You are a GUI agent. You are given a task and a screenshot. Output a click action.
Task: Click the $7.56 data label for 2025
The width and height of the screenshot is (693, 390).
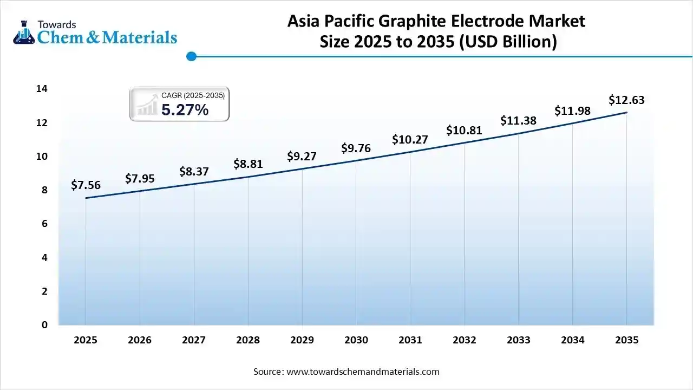[86, 185]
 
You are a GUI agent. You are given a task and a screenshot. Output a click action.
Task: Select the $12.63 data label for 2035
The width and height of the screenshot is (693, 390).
[626, 100]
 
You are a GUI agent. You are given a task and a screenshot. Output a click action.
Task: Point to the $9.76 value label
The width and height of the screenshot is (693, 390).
[356, 148]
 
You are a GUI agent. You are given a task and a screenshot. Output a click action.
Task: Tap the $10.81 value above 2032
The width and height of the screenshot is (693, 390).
[464, 131]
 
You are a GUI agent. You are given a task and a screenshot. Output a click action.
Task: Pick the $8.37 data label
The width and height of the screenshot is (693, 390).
[194, 172]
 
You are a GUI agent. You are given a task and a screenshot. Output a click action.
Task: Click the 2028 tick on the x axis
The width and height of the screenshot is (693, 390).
[248, 340]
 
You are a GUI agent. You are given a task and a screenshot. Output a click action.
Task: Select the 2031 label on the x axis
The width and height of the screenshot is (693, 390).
[410, 340]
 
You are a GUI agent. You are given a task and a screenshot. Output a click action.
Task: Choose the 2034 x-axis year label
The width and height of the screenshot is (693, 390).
[572, 340]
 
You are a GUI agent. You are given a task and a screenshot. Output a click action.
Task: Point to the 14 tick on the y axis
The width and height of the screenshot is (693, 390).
[42, 89]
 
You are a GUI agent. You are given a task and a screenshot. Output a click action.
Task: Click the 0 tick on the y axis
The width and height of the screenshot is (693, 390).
[44, 325]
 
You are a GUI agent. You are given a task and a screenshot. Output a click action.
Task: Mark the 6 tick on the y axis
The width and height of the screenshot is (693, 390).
[44, 224]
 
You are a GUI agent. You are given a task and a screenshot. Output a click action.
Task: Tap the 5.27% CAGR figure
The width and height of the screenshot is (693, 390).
[185, 110]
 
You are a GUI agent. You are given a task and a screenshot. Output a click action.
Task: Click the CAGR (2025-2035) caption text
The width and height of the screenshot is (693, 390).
[193, 95]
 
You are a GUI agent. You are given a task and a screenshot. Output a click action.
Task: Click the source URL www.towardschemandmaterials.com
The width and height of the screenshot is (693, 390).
[362, 372]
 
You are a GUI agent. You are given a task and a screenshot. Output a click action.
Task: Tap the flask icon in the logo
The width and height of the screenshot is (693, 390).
[23, 32]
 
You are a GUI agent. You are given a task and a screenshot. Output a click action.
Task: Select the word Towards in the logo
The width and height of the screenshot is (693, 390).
[57, 24]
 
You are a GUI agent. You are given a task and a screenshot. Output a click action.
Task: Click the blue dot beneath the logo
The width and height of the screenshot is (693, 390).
[191, 56]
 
